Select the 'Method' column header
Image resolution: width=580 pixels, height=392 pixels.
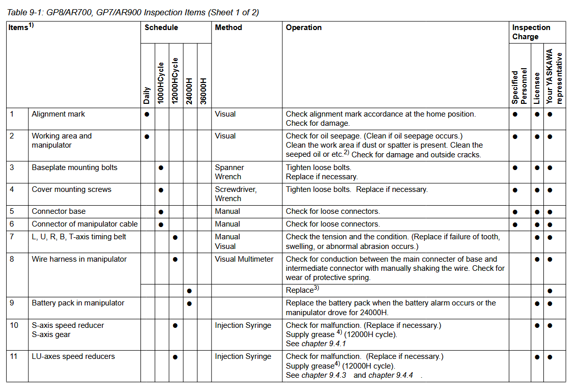click(x=228, y=27)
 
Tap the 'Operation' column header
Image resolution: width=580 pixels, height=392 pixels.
click(x=304, y=27)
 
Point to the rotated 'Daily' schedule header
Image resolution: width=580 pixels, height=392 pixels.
click(x=147, y=96)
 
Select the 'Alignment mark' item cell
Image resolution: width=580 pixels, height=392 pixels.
click(x=59, y=114)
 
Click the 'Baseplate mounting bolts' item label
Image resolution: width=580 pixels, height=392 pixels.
click(x=74, y=167)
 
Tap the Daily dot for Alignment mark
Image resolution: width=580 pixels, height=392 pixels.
click(x=147, y=115)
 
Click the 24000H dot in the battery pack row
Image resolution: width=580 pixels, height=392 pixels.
click(x=189, y=303)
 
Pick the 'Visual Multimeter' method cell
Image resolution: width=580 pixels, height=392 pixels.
click(x=244, y=259)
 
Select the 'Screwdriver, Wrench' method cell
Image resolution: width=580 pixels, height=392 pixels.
click(x=236, y=194)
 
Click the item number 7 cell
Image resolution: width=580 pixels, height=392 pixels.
click(x=12, y=237)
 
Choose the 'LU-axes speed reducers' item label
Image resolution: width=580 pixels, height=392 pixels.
click(x=73, y=356)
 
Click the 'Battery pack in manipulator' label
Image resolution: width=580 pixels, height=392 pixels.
click(x=78, y=303)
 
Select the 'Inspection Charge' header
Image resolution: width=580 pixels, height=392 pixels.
click(x=531, y=32)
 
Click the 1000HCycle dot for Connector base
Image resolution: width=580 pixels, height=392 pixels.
click(x=161, y=212)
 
